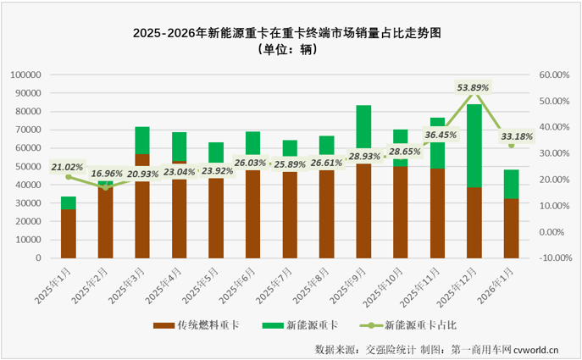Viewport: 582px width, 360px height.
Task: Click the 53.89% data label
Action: coord(474,87)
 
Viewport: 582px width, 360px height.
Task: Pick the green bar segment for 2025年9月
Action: coord(363,127)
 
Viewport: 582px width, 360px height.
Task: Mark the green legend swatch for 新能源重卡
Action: coord(269,324)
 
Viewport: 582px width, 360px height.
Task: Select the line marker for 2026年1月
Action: coord(512,145)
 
